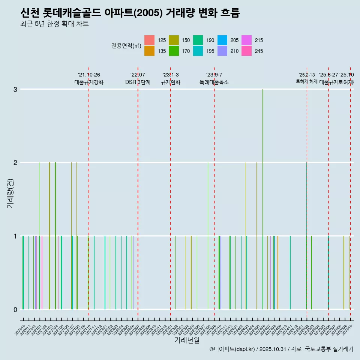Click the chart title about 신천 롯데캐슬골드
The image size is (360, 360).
coord(130,13)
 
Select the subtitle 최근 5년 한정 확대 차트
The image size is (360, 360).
coord(55,24)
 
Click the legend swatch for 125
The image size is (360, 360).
coord(149,40)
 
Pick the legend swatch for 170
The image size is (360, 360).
coord(174,51)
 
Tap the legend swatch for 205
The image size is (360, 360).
coord(222,40)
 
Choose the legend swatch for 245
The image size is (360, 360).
coord(246,51)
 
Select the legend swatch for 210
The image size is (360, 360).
coord(222,51)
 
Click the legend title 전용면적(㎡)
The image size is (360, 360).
coord(126,46)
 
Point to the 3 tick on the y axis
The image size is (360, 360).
coord(15,89)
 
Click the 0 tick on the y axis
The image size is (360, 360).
coord(15,309)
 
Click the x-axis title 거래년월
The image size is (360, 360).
coord(187,340)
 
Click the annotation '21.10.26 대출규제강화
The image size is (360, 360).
coord(89,79)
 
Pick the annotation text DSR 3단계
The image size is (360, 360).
coord(138,82)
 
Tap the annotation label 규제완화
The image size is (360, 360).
coord(171,82)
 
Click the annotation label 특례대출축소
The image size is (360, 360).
coord(214,82)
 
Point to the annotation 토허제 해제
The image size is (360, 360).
coord(307,81)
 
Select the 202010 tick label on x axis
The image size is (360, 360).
coord(21,330)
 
